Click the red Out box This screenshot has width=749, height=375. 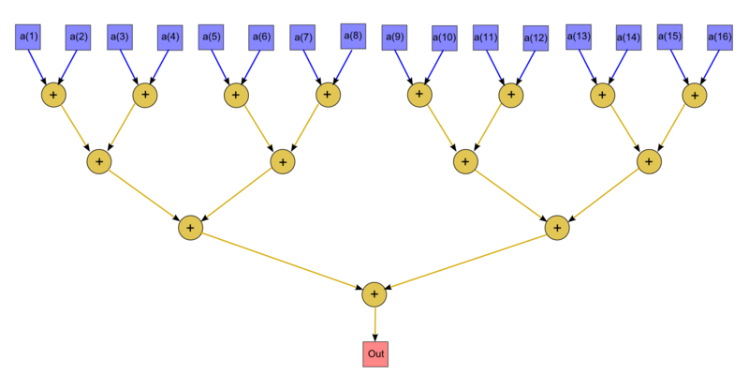click(x=374, y=353)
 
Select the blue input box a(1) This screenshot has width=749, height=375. click(x=28, y=37)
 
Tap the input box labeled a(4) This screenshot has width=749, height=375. click(x=169, y=37)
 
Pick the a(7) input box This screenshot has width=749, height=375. click(x=302, y=37)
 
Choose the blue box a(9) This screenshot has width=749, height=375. click(x=394, y=37)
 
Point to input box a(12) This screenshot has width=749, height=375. click(x=536, y=37)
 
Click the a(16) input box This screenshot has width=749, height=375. click(x=719, y=37)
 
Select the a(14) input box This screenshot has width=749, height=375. click(x=628, y=37)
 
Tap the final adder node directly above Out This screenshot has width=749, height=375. click(x=374, y=294)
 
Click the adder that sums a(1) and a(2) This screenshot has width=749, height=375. click(x=53, y=95)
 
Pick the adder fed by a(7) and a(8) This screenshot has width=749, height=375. click(x=328, y=95)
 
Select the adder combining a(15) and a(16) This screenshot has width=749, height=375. click(x=694, y=95)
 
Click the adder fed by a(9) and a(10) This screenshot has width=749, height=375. click(x=419, y=95)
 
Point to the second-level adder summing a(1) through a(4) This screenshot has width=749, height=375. click(x=99, y=161)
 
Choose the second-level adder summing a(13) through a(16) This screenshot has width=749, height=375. click(x=649, y=161)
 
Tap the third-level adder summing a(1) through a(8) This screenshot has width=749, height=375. click(x=191, y=228)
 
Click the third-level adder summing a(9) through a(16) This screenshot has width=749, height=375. click(x=557, y=228)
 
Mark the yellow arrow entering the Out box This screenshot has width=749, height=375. click(x=374, y=322)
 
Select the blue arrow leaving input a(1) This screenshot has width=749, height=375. click(x=36, y=65)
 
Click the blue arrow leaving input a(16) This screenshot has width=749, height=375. click(x=712, y=65)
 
